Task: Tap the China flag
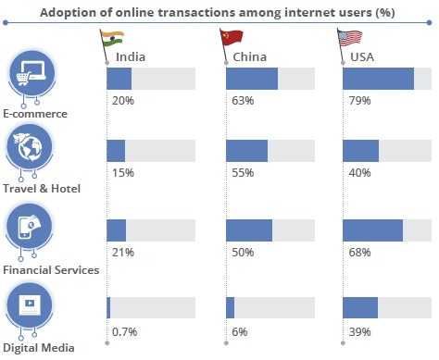coord(232,41)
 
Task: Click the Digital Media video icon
coord(29,304)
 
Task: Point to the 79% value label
coord(357,100)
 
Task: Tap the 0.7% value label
coord(124,330)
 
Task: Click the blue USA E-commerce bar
coord(378,80)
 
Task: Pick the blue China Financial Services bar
coord(248,230)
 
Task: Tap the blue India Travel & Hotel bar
coord(116,152)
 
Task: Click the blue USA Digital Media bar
coord(359,307)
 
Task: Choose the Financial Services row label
coord(51,271)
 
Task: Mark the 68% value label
coord(357,252)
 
